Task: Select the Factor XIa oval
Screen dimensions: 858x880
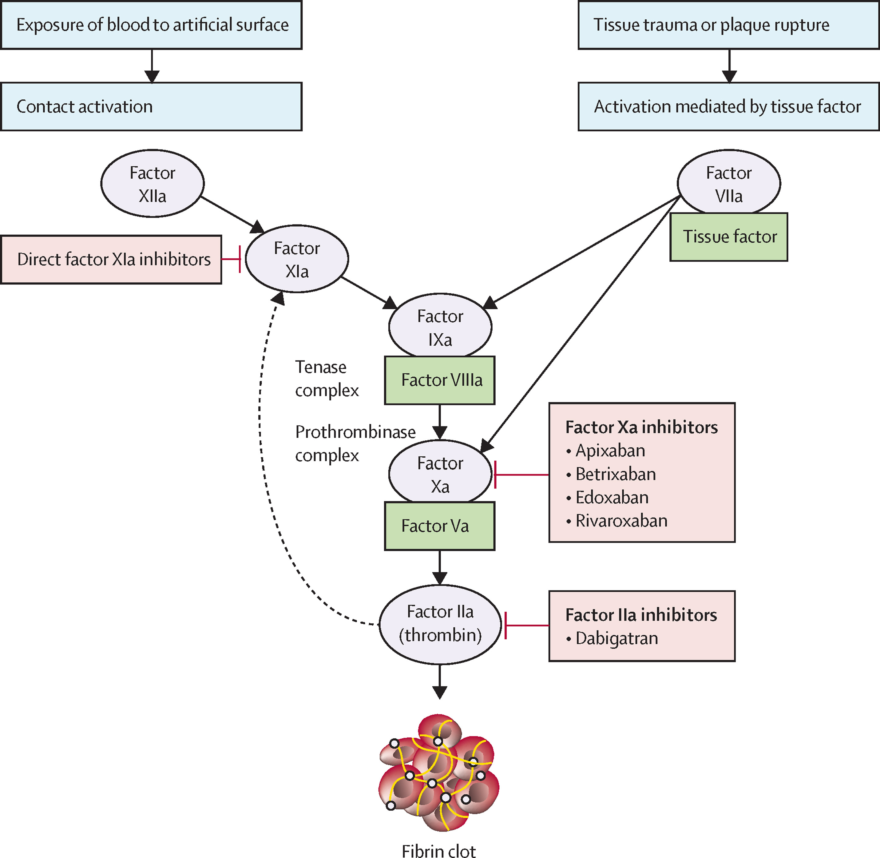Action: (x=297, y=259)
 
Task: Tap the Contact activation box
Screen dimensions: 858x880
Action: (x=151, y=107)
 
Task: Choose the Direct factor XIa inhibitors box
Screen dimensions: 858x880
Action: (x=111, y=260)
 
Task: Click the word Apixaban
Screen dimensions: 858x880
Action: (x=610, y=451)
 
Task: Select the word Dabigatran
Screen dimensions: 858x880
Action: (x=616, y=638)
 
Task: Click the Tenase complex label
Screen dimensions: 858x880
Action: (x=327, y=379)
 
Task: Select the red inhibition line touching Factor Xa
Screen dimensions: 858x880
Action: (x=522, y=475)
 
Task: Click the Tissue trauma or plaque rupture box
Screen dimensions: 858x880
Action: (x=729, y=25)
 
